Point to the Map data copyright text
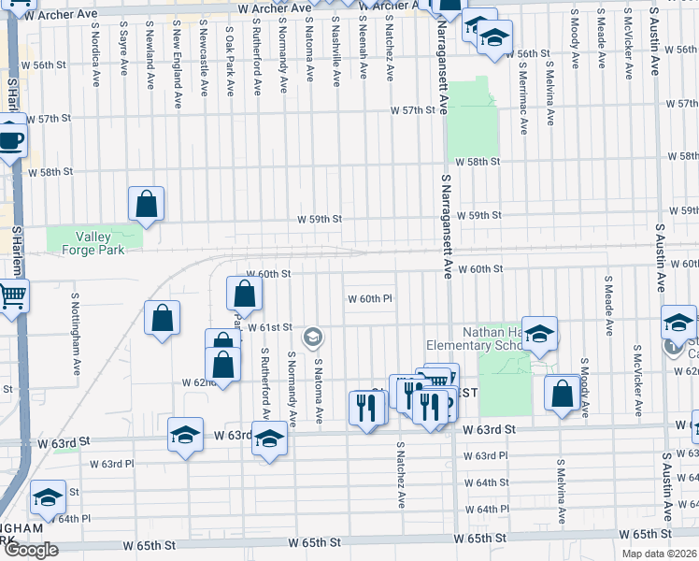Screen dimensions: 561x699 [x=660, y=554]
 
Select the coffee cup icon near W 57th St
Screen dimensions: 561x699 [x=10, y=141]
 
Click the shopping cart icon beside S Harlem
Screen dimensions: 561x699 [x=12, y=296]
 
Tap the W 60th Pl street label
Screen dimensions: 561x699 [x=373, y=299]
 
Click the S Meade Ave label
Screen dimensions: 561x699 [x=608, y=305]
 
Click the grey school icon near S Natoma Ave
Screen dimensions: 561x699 [x=313, y=335]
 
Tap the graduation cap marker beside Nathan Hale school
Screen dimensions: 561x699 [x=539, y=334]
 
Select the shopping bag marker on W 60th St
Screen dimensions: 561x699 [x=243, y=295]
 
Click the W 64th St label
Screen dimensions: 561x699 [x=492, y=482]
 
